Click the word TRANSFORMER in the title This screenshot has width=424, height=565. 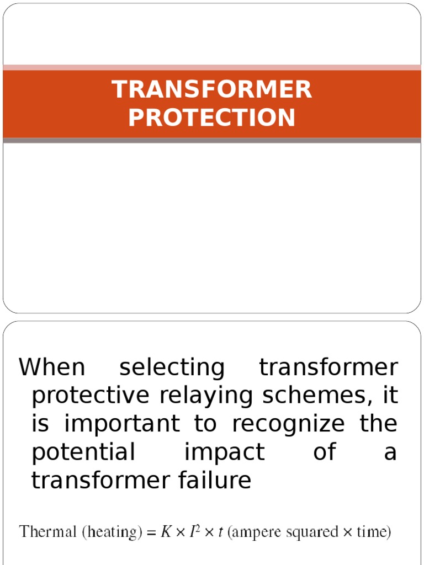pyautogui.click(x=212, y=89)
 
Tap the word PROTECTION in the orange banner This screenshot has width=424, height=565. pyautogui.click(x=212, y=118)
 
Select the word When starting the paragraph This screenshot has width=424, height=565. pyautogui.click(x=52, y=367)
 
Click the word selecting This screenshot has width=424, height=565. pyautogui.click(x=172, y=368)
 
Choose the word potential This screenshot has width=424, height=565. pyautogui.click(x=83, y=452)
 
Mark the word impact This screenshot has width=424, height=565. pyautogui.click(x=225, y=452)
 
